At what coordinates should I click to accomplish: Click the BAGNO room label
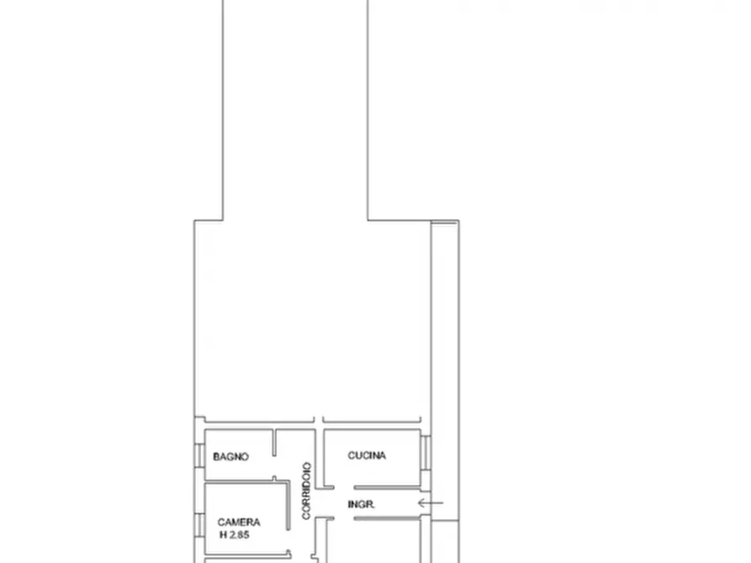pos(231,457)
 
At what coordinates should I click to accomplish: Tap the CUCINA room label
pos(367,455)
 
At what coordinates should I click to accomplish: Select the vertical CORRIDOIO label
pos(306,491)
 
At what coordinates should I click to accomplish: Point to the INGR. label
pos(361,504)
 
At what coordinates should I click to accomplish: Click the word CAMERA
pos(239,522)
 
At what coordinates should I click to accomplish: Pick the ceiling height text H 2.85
pos(235,534)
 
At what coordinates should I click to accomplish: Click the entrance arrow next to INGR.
pos(431,502)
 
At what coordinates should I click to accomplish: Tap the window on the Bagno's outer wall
pos(199,455)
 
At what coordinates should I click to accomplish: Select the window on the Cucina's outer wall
pos(426,452)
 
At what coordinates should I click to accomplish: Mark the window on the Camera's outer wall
pos(199,524)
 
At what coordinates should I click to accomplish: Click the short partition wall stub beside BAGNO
pos(274,443)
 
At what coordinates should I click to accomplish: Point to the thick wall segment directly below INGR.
pos(387,518)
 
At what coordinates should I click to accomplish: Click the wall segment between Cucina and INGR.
pos(387,488)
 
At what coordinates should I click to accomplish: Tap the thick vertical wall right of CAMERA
pos(288,506)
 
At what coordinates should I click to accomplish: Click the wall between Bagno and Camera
pos(246,481)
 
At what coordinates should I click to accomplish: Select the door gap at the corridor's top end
pos(319,420)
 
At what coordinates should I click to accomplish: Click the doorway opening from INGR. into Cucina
pos(344,488)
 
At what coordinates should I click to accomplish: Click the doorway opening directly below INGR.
pos(344,518)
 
